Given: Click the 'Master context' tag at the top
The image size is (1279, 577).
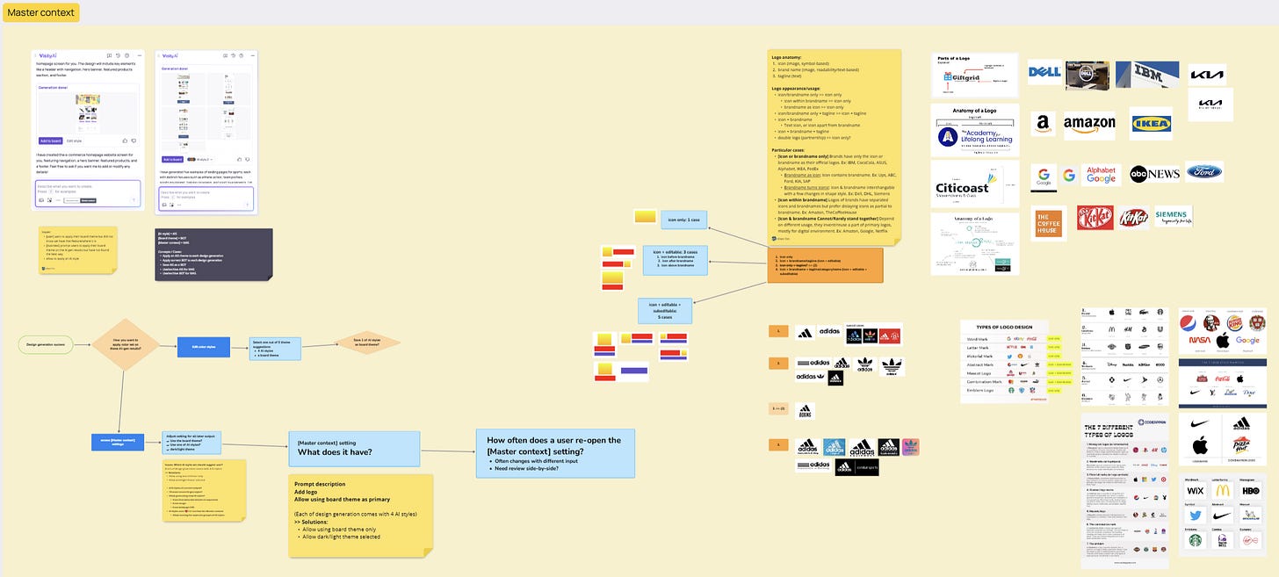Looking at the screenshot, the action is pos(41,12).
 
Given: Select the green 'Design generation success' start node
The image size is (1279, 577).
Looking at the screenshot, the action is pos(45,344).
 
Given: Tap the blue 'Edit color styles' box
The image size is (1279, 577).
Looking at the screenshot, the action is pos(204,348).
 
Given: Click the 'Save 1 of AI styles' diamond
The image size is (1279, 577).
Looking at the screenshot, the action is pos(367,343).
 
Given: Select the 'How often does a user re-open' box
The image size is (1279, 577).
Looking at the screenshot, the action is pos(554,452).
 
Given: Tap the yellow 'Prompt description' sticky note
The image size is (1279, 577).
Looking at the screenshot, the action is pos(360,514).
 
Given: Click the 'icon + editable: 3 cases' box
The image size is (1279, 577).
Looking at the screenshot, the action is pos(682,259).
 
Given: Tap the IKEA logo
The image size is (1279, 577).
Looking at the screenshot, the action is pos(1150,124).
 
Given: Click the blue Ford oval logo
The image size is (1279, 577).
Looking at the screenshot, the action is pos(1203,172).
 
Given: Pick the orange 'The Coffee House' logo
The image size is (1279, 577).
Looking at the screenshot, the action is pos(1049,222).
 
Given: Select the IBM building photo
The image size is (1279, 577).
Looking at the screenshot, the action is pos(1153,75).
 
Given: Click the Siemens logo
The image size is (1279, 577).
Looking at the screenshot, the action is pos(1173,216).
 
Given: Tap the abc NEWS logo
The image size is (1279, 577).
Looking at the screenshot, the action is pos(1153,174).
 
